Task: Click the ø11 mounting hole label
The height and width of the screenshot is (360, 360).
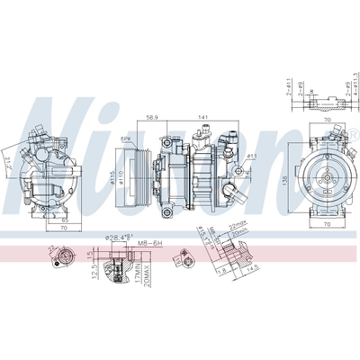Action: tap(253, 157)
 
